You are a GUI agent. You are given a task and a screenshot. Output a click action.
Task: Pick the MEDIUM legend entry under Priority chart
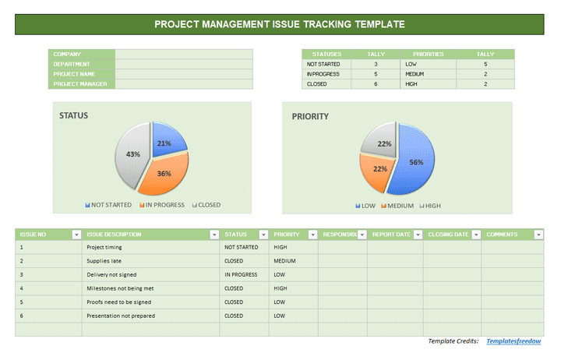coord(397,206)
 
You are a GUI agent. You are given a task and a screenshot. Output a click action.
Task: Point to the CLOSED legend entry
coord(206,205)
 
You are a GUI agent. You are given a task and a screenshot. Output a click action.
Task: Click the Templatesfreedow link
coord(513,341)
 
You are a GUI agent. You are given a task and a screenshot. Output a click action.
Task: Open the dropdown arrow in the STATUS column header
coord(263,234)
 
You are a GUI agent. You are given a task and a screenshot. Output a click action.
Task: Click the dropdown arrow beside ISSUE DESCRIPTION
coord(213,234)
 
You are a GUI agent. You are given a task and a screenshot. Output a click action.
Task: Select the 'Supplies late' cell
coord(104,261)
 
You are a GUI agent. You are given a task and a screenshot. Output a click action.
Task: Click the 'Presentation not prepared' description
coord(121,316)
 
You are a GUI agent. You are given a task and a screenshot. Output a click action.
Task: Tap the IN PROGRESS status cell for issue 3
coord(241,274)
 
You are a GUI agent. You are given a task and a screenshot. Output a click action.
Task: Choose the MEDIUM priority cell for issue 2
coord(284,261)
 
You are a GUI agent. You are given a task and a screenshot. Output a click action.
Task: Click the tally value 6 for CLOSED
coord(376,83)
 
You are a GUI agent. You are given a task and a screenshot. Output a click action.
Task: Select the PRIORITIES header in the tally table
coord(428,54)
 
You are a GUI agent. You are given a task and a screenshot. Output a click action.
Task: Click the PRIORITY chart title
coord(310,117)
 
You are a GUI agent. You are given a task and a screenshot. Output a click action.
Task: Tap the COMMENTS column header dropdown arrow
coord(538,234)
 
